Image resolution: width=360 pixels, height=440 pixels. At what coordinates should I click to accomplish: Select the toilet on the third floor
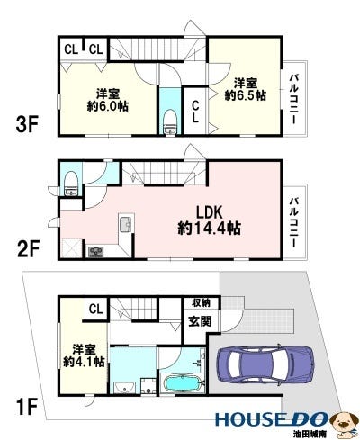click(x=170, y=122)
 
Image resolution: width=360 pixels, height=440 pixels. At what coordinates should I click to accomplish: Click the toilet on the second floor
click(x=71, y=184)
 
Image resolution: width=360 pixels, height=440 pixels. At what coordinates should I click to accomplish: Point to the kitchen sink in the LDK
click(x=127, y=223)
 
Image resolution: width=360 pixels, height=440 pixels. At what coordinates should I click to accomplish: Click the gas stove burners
click(x=95, y=251)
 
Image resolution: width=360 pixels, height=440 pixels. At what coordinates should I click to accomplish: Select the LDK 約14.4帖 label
click(x=209, y=220)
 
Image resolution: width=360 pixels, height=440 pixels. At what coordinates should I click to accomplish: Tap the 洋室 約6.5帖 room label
click(x=246, y=89)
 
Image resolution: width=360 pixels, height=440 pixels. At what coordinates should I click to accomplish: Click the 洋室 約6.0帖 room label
click(x=108, y=100)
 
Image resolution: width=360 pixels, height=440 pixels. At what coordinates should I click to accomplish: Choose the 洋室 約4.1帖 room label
click(x=84, y=356)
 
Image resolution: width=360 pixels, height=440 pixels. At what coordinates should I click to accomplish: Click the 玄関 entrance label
click(x=200, y=321)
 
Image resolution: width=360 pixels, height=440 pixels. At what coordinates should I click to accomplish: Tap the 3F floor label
click(x=27, y=125)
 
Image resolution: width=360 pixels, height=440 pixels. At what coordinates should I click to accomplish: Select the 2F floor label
click(x=29, y=249)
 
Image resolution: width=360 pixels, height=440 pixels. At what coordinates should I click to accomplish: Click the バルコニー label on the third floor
click(x=293, y=99)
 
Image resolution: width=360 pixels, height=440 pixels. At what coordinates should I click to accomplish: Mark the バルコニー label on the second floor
click(x=293, y=222)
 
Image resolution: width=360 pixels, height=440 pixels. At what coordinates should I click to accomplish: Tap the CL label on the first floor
click(x=96, y=309)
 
